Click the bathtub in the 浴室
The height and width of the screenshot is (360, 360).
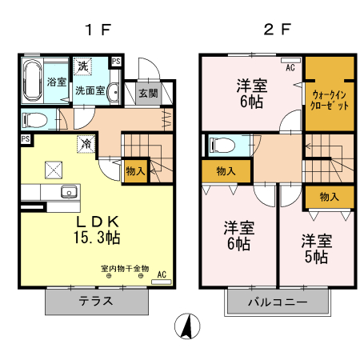32,81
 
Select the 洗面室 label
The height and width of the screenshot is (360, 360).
90,90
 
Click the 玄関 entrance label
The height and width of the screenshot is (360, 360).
148,94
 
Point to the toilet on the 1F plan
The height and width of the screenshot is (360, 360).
35,121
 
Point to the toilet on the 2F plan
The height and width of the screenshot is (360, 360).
222,146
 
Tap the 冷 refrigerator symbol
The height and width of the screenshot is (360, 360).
84,144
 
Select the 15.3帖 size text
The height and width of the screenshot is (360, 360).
98,237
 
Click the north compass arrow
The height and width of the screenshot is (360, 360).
186,326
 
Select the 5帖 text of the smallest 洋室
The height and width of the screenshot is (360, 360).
315,257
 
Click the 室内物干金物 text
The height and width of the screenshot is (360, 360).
124,268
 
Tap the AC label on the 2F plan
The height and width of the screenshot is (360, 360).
290,69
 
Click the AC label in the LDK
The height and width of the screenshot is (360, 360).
161,275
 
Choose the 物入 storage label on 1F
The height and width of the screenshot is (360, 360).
135,170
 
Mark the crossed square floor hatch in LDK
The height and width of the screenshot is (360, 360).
55,169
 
